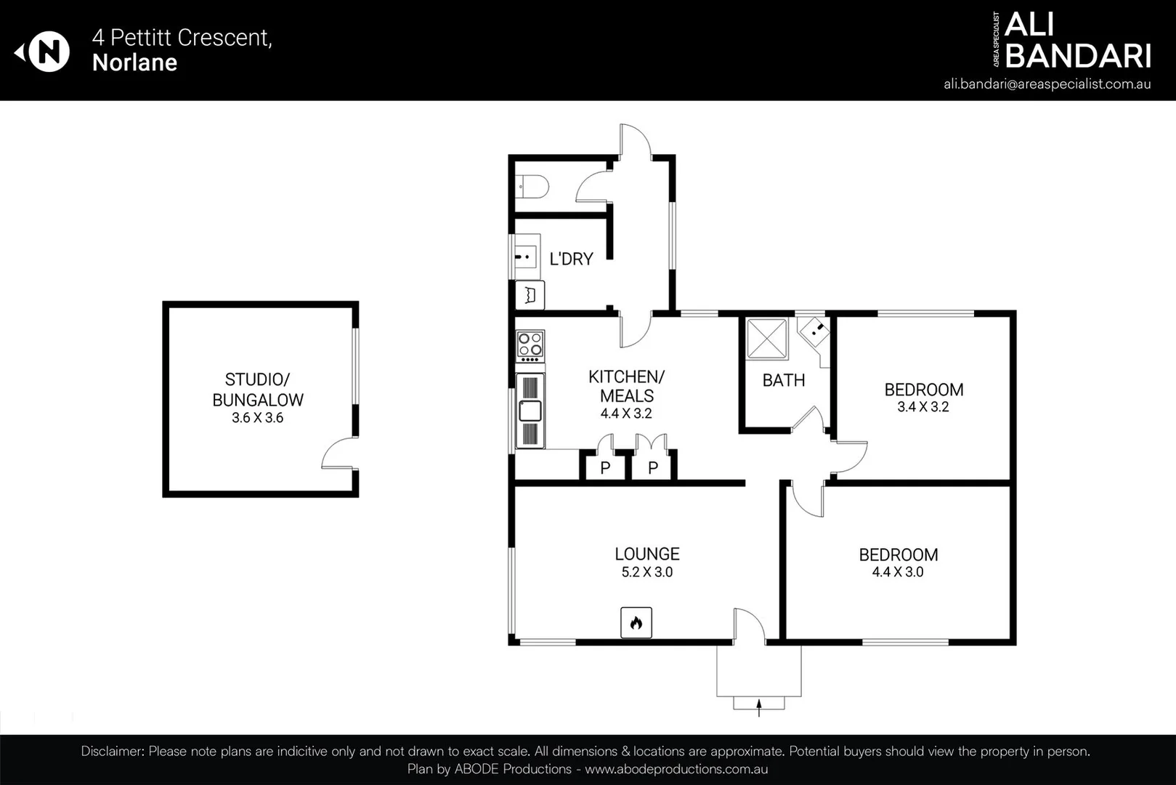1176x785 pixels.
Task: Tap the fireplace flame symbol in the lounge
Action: [x=636, y=623]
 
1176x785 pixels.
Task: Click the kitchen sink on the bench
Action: [x=530, y=411]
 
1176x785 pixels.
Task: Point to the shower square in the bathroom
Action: [x=767, y=339]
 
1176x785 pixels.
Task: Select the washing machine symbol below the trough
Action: [x=530, y=295]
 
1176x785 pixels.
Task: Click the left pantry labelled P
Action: [x=605, y=467]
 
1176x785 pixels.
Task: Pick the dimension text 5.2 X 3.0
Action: [x=646, y=572]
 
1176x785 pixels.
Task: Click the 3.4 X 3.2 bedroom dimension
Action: [x=922, y=407]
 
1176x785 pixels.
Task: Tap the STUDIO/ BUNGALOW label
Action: [x=257, y=390]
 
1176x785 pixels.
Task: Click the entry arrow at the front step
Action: [x=759, y=706]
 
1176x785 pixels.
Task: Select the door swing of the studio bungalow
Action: [x=338, y=455]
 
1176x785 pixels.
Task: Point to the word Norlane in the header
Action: [x=134, y=63]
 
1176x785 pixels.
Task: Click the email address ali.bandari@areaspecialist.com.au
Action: [x=1047, y=84]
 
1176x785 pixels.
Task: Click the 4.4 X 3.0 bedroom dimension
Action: [x=897, y=572]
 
